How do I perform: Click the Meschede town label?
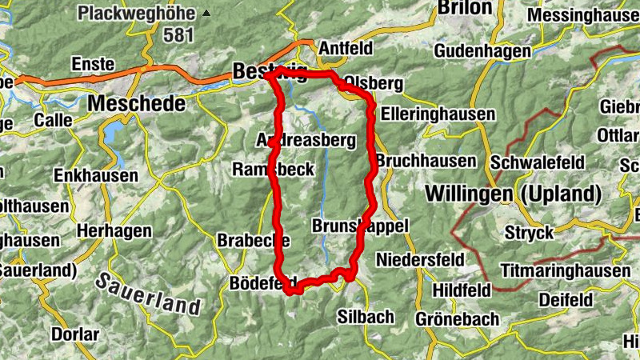tap(137, 103)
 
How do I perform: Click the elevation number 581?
tap(179, 35)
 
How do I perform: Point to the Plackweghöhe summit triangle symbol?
tap(208, 13)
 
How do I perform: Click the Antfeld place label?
tap(346, 49)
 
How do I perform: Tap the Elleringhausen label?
tap(438, 114)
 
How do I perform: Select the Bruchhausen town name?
tap(426, 161)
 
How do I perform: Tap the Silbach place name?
tap(366, 316)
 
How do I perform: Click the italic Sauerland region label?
tap(148, 294)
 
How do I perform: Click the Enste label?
tap(94, 65)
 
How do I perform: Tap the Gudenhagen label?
tap(482, 51)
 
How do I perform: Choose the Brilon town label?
tap(465, 7)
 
